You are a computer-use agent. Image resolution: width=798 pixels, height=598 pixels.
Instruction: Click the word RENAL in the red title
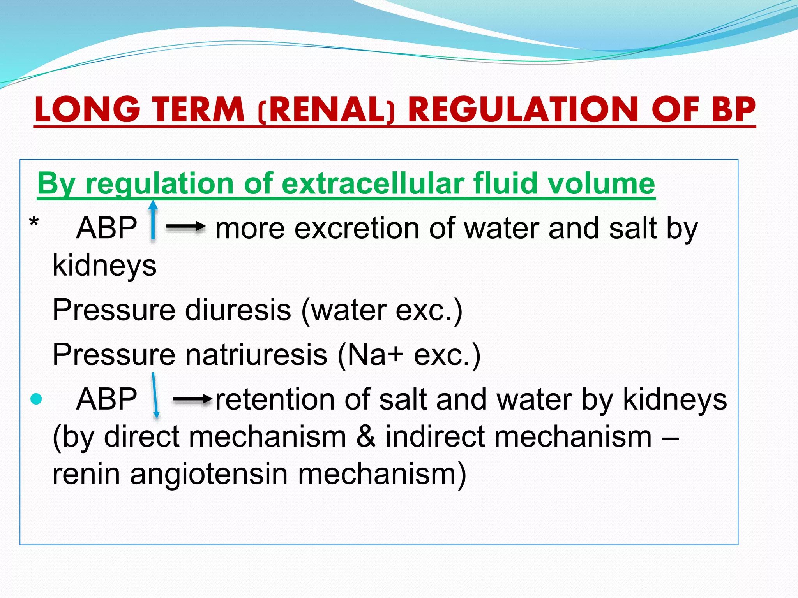[x=326, y=110]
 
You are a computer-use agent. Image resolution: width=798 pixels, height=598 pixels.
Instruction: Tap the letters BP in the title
[x=733, y=110]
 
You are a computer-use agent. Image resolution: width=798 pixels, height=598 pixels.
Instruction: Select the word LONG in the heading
[x=87, y=110]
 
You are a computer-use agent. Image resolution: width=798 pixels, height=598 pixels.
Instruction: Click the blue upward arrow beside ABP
[x=153, y=220]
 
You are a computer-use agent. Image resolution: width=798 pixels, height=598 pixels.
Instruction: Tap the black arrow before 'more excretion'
[x=186, y=227]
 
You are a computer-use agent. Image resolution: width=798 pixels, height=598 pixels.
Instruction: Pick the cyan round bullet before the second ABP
[x=36, y=399]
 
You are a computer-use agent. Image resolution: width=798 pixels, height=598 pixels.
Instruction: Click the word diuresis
[x=238, y=310]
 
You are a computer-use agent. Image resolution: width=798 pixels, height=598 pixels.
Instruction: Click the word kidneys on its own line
[x=104, y=266]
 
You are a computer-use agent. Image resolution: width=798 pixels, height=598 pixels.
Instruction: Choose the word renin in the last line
[x=86, y=474]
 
